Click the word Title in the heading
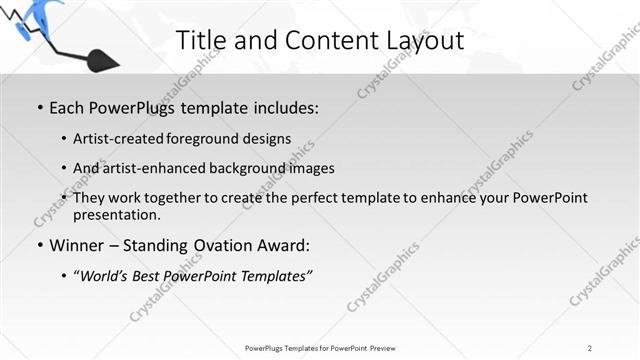pyautogui.click(x=200, y=41)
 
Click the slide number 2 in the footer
pyautogui.click(x=590, y=348)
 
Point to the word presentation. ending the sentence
pyautogui.click(x=116, y=214)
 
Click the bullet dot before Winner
pyautogui.click(x=39, y=245)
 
